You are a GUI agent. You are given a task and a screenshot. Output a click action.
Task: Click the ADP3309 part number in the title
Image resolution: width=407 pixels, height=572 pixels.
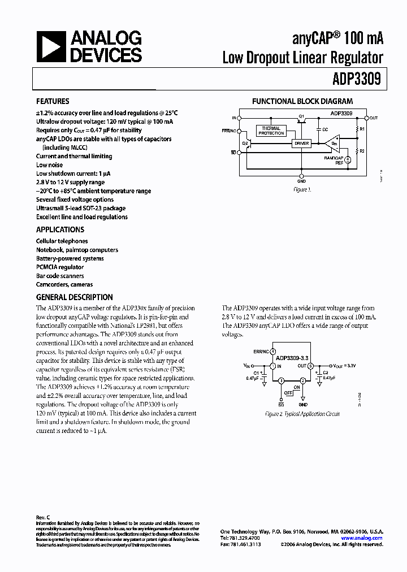360,80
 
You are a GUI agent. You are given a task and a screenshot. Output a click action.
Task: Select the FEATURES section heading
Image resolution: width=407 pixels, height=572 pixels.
53,102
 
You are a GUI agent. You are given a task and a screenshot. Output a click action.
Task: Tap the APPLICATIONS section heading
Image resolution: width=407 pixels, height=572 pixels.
60,229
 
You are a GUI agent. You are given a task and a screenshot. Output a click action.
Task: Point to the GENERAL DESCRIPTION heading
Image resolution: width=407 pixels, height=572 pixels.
74,297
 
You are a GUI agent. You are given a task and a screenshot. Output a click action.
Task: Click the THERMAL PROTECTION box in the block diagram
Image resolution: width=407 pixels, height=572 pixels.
271,131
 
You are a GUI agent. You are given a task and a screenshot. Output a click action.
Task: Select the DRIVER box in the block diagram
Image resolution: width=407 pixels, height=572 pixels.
302,144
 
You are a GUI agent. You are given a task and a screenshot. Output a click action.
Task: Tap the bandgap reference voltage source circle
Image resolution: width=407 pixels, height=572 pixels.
347,159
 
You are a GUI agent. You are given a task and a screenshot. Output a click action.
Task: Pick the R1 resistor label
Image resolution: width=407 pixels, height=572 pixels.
363,129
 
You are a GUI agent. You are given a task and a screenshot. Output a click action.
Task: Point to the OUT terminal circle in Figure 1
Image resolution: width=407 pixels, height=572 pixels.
366,118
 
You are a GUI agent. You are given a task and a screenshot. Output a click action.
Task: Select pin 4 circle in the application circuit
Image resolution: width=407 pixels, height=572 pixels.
273,351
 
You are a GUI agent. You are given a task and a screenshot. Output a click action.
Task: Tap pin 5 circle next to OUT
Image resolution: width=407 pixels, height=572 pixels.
310,366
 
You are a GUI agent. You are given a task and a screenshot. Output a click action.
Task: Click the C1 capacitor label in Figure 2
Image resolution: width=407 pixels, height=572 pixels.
256,373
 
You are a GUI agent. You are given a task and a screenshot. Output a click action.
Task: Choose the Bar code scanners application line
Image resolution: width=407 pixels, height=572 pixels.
60,276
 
